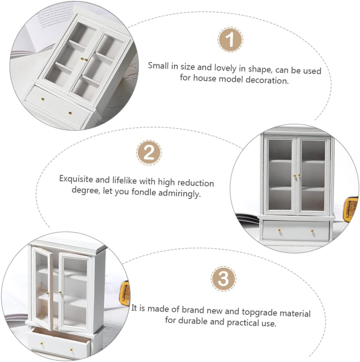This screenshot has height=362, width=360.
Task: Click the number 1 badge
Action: click(230, 40)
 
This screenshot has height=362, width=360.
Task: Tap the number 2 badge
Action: click(149, 152)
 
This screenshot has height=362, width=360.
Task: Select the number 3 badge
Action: click(223, 279)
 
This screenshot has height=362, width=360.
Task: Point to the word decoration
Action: click(267, 80)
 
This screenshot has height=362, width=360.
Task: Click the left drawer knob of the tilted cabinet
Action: click(43, 99)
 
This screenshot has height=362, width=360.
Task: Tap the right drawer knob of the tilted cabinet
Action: click(70, 113)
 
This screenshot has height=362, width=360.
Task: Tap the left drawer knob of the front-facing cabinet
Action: click(279, 231)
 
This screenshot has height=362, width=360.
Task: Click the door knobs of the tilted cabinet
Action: click(84, 60)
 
